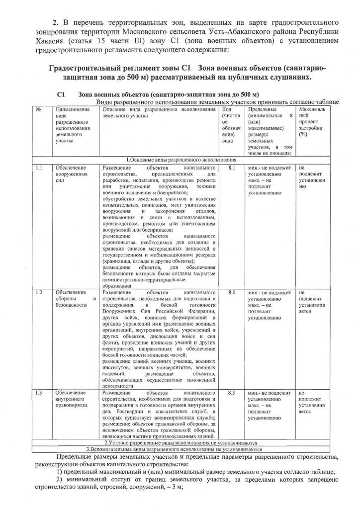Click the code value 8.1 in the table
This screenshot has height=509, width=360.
(x=231, y=169)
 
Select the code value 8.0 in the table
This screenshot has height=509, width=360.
(x=231, y=293)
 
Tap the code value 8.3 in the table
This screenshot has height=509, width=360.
(x=231, y=393)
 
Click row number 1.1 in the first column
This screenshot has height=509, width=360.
(x=40, y=169)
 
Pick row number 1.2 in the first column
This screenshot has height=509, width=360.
(x=40, y=293)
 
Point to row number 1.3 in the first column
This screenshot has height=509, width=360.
(x=40, y=393)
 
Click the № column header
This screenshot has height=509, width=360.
(x=38, y=109)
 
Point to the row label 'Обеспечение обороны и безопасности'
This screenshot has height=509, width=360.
(x=75, y=299)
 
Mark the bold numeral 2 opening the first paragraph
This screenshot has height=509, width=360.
(x=56, y=22)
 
